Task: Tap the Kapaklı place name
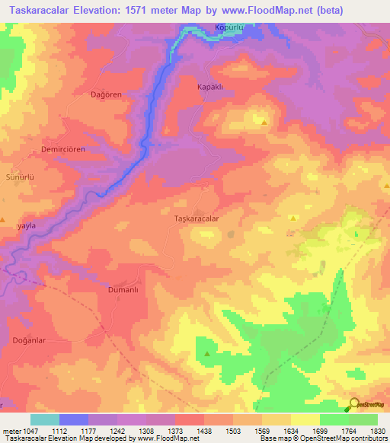[x=209, y=88]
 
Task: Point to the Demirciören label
[x=52, y=150]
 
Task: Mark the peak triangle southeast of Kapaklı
[x=264, y=122]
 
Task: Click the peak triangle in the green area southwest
[x=206, y=354]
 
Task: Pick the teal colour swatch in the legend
[x=45, y=419]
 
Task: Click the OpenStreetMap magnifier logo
[x=353, y=404]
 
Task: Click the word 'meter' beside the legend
[x=11, y=432]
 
